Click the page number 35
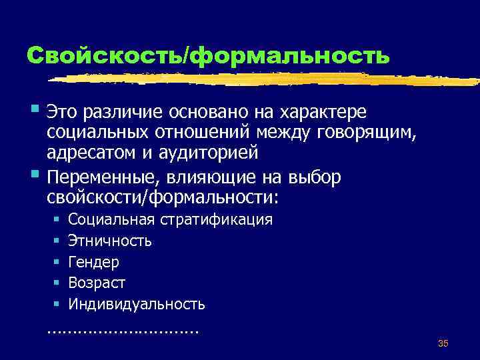(443, 343)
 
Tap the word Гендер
(93, 262)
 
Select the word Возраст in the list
(97, 283)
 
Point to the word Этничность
(109, 241)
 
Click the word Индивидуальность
(137, 305)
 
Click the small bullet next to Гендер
(57, 262)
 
